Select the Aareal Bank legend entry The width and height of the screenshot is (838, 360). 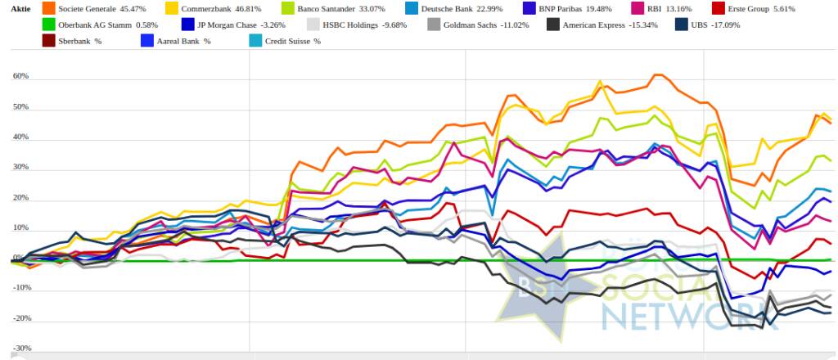point(178,40)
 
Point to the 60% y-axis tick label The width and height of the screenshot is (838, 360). point(20,76)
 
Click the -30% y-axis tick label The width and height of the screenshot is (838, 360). point(20,349)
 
